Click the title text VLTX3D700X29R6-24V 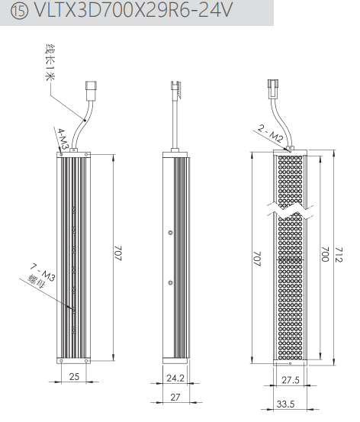[133, 11]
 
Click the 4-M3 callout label [62, 139]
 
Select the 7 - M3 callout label [43, 273]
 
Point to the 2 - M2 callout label [271, 134]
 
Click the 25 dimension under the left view [74, 376]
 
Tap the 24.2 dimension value [175, 379]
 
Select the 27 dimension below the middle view [175, 397]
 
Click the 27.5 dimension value [291, 380]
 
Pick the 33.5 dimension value [285, 404]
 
